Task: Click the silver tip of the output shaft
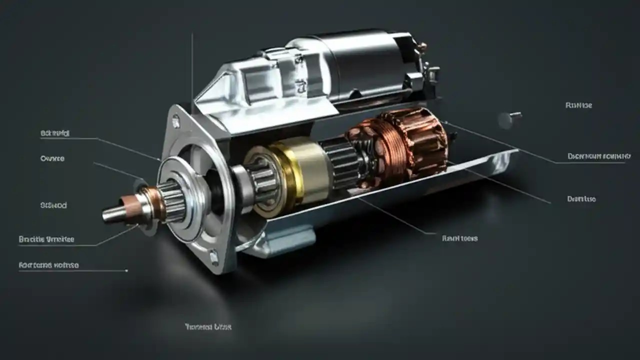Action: tap(112, 213)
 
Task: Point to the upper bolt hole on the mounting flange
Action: tap(176, 120)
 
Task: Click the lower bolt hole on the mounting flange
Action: tap(214, 257)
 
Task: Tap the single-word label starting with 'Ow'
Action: tap(52, 158)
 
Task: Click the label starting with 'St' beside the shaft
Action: tap(53, 205)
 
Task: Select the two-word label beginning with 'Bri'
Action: tap(46, 239)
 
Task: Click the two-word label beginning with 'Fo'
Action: tap(48, 265)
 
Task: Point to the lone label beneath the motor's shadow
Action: tap(208, 327)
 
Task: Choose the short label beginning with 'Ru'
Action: tap(578, 105)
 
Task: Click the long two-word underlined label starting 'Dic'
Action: tap(599, 156)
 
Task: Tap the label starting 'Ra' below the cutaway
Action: tap(459, 238)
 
